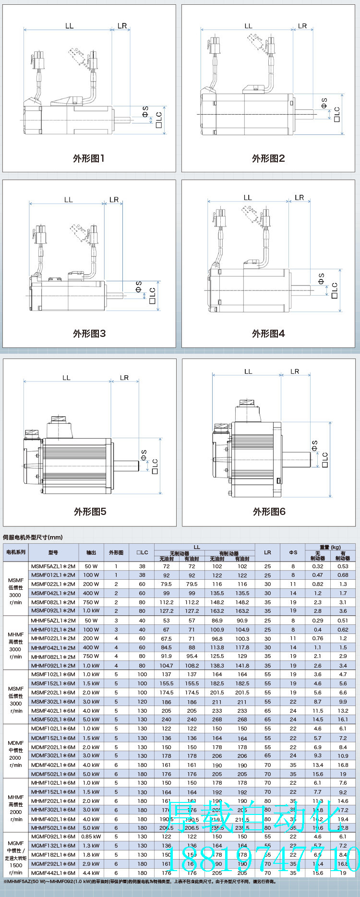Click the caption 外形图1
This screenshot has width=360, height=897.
coord(89,158)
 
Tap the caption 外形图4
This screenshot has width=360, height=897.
coord(268,334)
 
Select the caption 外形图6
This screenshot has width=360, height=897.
coord(269,512)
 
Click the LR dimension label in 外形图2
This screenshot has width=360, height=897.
coord(302,26)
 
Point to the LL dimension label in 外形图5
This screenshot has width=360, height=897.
coord(66,378)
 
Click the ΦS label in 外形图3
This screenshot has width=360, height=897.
coord(139,286)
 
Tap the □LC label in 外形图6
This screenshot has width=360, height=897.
coord(325,459)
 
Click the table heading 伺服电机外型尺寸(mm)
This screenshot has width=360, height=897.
coord(33,537)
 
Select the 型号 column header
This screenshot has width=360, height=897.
coord(53,552)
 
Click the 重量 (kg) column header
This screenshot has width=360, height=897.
coord(330,547)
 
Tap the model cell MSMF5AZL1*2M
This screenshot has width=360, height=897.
coord(53,566)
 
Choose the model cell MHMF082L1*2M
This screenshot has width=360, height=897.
coord(53,657)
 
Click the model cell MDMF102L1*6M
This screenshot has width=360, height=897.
coord(53,729)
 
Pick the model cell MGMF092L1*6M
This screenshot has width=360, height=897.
coord(53,837)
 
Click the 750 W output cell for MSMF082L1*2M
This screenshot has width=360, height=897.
coord(91,602)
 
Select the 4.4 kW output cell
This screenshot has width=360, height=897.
coord(91,873)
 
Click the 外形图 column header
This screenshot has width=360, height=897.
coord(116,552)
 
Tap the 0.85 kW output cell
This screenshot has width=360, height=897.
coord(91,837)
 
